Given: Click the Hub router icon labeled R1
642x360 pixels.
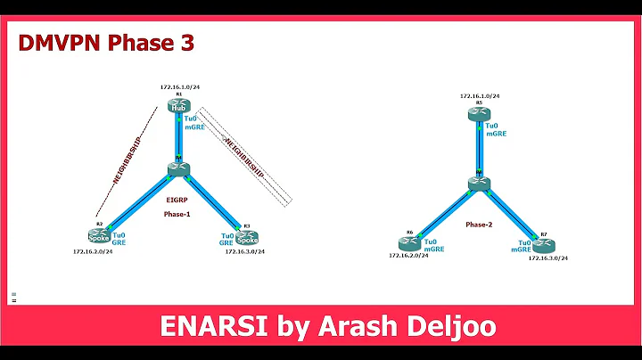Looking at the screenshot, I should (178, 107).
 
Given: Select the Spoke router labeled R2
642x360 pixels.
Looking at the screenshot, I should (100, 236).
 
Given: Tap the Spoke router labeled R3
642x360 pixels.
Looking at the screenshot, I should (248, 239).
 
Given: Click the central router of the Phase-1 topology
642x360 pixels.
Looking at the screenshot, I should (178, 168).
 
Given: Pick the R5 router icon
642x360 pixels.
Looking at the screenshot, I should (478, 113).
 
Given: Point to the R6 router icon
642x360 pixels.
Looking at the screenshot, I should (410, 241).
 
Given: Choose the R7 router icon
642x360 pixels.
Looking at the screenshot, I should (544, 242).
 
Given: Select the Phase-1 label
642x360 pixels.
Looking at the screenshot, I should (177, 215).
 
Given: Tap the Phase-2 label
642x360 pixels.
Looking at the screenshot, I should (479, 225).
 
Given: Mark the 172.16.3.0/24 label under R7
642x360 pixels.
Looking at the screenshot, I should (547, 258).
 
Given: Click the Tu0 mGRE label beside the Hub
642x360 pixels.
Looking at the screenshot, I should (196, 124).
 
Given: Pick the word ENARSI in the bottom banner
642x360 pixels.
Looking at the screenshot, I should (203, 328).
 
